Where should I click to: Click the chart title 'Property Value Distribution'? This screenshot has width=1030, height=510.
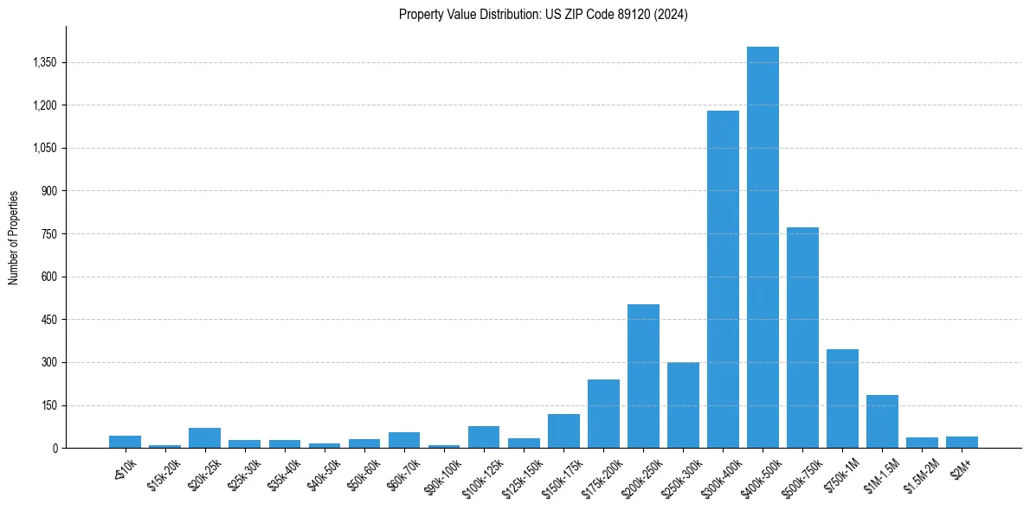pos(543,15)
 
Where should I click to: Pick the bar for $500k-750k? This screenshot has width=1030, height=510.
pos(802,338)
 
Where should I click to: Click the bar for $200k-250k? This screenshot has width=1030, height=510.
pos(643,376)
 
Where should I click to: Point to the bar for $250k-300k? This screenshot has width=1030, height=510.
pos(683,405)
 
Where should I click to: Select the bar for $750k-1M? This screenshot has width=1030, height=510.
pos(842,398)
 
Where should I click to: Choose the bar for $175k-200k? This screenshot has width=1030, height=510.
pos(603,414)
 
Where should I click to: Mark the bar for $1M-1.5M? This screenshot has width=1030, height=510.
pos(882,422)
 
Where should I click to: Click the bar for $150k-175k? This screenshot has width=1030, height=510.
pos(563,431)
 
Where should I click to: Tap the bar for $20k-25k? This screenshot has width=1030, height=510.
pos(205,438)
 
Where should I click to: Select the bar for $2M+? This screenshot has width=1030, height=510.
pos(962,443)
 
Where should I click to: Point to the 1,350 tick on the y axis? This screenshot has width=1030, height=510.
pos(44,62)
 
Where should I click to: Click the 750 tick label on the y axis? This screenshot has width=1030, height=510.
pos(48,234)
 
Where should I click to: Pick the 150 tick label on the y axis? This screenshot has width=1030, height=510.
pos(48,405)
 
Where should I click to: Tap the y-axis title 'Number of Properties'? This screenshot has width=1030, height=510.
pos(14,238)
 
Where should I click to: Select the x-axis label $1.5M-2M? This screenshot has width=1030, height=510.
pos(919,473)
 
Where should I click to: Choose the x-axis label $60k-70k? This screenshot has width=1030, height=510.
pos(403,471)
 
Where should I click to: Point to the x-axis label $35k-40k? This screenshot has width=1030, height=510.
pos(284,471)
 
